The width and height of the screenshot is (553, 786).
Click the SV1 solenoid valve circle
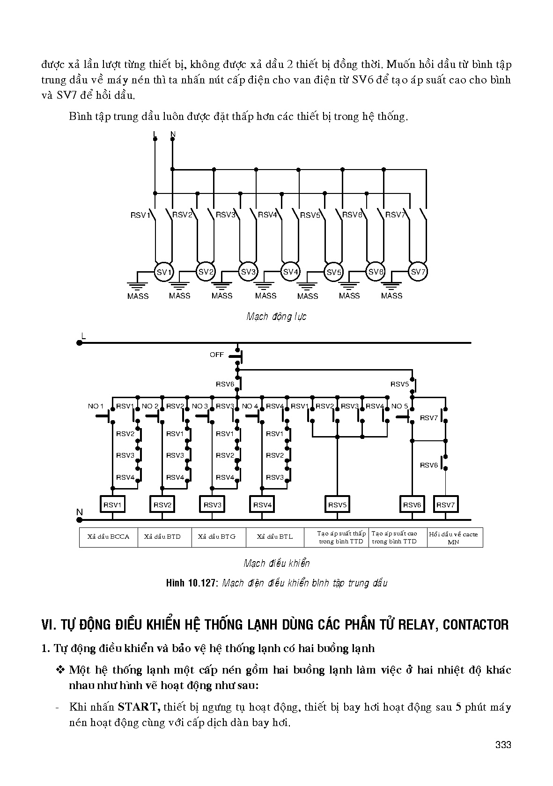pos(164,272)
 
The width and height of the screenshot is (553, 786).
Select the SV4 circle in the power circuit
pos(290,272)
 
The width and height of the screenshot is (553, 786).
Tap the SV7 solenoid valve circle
pos(418,272)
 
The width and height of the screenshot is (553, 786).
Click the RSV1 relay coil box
pos(112,504)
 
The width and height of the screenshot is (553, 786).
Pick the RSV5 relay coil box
pos(337,504)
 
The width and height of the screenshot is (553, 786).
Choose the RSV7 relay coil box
pos(445,504)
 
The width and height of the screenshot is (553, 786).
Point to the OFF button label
pos(217,355)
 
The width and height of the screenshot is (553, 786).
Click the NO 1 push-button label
pos(96,406)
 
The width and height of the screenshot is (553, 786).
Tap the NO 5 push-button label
pos(399,406)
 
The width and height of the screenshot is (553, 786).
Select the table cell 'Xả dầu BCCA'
pos(109,537)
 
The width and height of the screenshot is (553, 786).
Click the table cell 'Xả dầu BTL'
pos(275,537)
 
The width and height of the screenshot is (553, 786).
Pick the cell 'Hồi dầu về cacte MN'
pos(453,537)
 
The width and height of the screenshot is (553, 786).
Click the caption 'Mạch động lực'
pos(276,317)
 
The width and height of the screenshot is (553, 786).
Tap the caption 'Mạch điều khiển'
pos(277,564)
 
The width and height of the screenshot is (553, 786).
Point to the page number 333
pos(502,745)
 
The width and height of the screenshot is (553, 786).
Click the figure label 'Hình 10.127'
pos(192,583)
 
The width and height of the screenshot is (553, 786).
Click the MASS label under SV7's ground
pos(391,296)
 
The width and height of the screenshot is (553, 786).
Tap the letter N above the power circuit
pos(173,134)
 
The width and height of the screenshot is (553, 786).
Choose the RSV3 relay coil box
pos(213,504)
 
